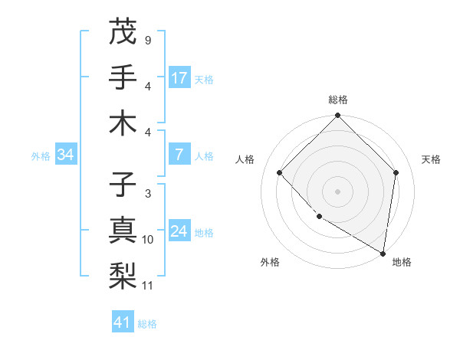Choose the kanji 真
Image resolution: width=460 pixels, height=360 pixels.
click(123, 231)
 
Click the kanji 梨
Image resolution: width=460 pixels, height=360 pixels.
click(123, 276)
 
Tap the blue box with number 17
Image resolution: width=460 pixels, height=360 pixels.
click(179, 77)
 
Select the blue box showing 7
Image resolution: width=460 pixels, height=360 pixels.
click(179, 155)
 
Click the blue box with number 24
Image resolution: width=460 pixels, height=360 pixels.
click(179, 231)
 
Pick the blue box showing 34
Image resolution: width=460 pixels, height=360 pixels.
click(66, 155)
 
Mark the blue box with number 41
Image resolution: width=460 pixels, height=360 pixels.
click(123, 322)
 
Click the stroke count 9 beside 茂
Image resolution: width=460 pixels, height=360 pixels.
click(147, 40)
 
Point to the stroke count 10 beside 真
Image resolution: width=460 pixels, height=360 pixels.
click(148, 240)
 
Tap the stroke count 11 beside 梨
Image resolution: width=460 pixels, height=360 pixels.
click(148, 286)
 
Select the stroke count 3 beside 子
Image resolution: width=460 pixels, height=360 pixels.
click(147, 194)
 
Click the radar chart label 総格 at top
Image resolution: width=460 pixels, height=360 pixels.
click(337, 100)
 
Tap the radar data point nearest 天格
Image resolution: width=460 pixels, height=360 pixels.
click(396, 172)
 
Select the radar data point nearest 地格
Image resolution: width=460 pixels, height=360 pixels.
click(383, 254)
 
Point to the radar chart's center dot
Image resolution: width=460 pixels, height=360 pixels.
click(337, 191)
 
